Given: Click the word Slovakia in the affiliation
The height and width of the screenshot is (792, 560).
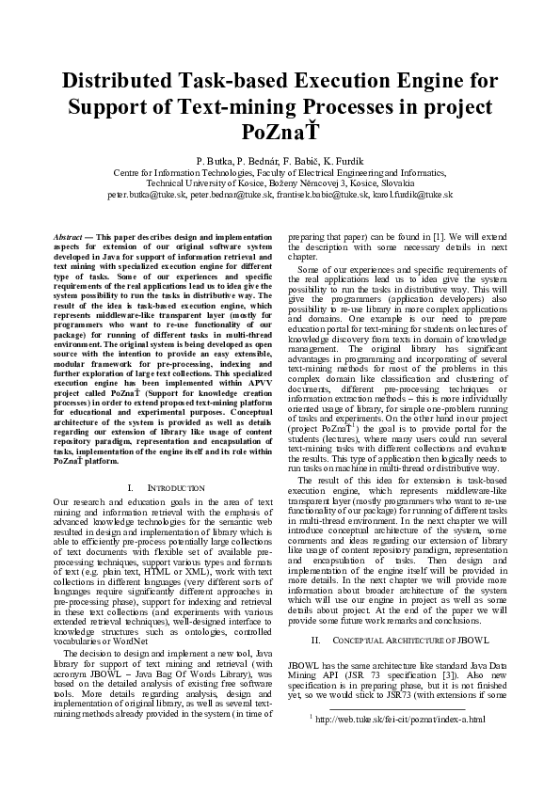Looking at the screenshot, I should (390, 183).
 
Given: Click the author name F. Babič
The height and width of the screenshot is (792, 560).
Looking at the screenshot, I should (302, 161).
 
